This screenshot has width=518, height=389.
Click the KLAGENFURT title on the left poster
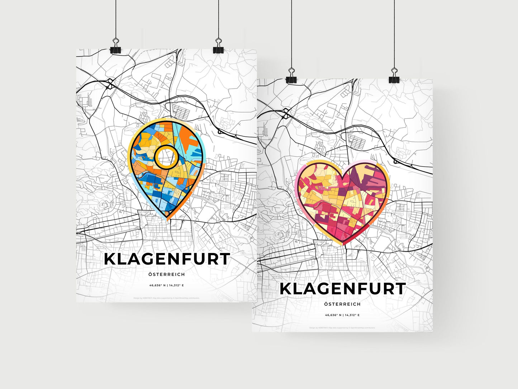[x=167, y=259]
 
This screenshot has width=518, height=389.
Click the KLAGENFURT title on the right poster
[x=342, y=289]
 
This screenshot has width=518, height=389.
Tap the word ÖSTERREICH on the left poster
[x=167, y=275]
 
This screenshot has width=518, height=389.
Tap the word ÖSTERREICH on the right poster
[x=342, y=304]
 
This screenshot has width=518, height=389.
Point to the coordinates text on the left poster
[x=167, y=285]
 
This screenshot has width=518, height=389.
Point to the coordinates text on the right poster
[x=342, y=315]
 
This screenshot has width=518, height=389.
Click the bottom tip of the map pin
[x=167, y=217]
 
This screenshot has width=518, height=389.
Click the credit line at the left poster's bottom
[x=167, y=298]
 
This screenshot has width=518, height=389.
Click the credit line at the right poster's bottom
[x=342, y=328]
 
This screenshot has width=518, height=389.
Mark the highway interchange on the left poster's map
[x=110, y=84]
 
